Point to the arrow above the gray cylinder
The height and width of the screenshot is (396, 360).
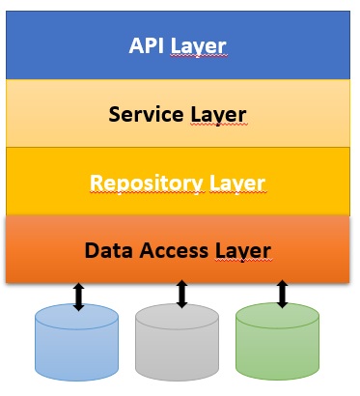(x=180, y=294)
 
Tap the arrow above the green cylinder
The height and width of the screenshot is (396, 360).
(x=282, y=294)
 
